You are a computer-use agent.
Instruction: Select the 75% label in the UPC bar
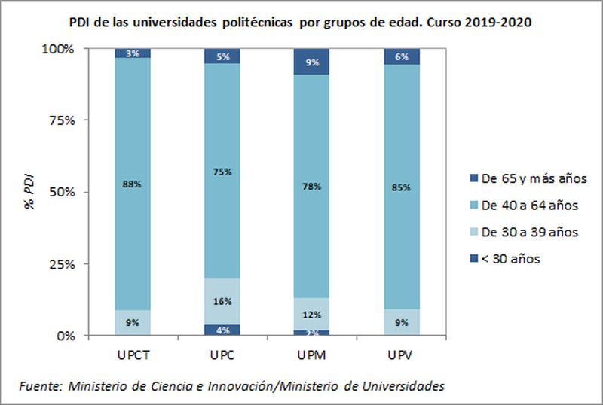pos(223,172)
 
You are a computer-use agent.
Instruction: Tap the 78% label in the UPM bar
pos(312,186)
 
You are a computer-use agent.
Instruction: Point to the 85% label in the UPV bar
pos(402,187)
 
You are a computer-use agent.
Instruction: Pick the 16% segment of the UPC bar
pos(223,301)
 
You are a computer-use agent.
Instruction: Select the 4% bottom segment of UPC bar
pos(223,329)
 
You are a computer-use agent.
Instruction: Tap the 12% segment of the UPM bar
pos(312,315)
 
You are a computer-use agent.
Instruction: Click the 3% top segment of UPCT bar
pos(132,53)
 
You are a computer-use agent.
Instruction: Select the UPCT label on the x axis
pos(132,353)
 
